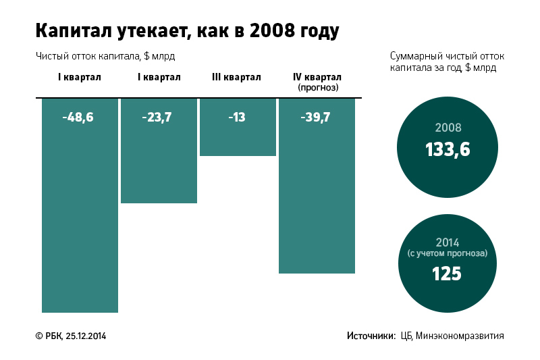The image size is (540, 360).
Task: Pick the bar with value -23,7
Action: pyautogui.click(x=159, y=162)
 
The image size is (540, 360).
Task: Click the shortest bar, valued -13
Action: pyautogui.click(x=238, y=138)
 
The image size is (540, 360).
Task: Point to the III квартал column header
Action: pyautogui.click(x=236, y=78)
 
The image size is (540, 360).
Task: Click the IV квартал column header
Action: pyautogui.click(x=317, y=78)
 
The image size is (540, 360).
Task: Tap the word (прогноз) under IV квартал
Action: pyautogui.click(x=317, y=88)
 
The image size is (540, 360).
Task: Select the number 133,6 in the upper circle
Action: pyautogui.click(x=448, y=150)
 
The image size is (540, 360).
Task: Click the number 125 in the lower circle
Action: pyautogui.click(x=448, y=274)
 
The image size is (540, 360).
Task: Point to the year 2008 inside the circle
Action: pyautogui.click(x=448, y=128)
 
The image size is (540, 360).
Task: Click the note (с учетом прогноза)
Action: pyautogui.click(x=448, y=254)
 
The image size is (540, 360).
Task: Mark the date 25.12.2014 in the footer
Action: pyautogui.click(x=86, y=336)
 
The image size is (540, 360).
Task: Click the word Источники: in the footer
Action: pyautogui.click(x=371, y=336)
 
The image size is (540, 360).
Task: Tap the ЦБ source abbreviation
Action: pyautogui.click(x=406, y=336)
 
